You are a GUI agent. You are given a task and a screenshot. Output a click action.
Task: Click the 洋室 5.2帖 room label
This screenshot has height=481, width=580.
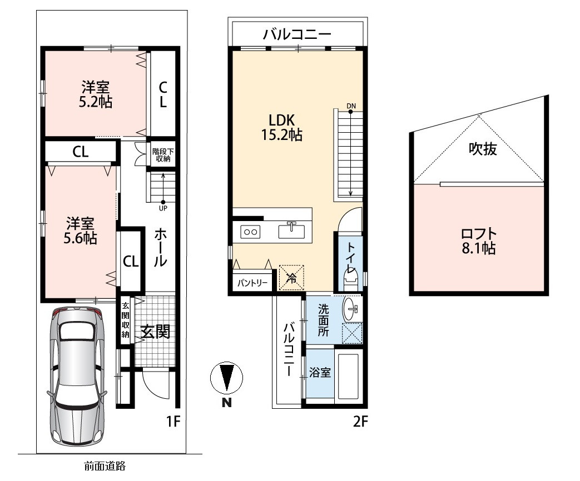pyautogui.click(x=96, y=94)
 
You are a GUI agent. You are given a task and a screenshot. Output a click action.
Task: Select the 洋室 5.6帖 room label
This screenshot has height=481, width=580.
pyautogui.click(x=80, y=231)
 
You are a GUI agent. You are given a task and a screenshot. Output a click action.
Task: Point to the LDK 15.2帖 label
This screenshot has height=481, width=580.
pyautogui.click(x=282, y=127)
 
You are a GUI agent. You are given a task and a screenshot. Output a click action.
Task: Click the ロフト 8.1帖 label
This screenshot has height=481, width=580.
pyautogui.click(x=479, y=241)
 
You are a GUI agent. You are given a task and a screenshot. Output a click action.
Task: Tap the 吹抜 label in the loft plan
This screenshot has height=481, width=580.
pyautogui.click(x=483, y=148)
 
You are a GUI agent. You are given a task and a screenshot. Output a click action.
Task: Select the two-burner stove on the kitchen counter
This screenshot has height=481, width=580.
pyautogui.click(x=250, y=232)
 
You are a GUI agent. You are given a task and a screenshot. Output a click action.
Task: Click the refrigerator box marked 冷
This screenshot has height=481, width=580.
pyautogui.click(x=291, y=277)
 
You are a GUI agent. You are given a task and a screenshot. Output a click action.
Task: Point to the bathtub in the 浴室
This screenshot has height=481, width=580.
pyautogui.click(x=348, y=377)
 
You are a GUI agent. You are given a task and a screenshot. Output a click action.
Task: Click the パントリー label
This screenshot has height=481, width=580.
pyautogui.click(x=252, y=283)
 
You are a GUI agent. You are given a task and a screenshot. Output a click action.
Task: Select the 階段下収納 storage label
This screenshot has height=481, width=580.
pyautogui.click(x=163, y=155)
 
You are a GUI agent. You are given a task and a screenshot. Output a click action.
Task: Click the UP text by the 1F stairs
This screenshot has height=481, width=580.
pyautogui.click(x=163, y=208)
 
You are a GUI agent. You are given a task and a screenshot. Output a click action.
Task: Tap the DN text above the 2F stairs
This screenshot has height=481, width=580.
pyautogui.click(x=351, y=106)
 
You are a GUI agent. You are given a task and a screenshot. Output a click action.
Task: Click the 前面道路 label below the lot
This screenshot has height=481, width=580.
pyautogui.click(x=105, y=466)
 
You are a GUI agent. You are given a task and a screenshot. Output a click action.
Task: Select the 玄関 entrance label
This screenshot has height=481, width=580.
pyautogui.click(x=156, y=332)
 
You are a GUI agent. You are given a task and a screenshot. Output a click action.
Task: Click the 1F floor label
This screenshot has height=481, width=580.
pyautogui.click(x=173, y=421)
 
